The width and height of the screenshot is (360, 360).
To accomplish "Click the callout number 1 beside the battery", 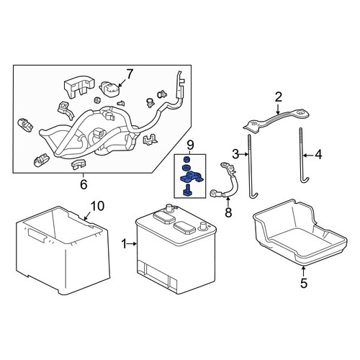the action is [x=124, y=244].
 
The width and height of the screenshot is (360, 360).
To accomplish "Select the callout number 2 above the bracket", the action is [x=278, y=97].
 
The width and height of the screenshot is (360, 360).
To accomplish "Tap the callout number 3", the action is [x=235, y=154].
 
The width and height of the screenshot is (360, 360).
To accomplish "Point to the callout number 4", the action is [x=318, y=155].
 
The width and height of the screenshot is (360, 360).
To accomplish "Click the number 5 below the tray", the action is [x=304, y=283].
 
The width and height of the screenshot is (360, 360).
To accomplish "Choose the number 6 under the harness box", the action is [x=84, y=184].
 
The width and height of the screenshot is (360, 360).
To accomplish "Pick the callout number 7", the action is [x=130, y=74].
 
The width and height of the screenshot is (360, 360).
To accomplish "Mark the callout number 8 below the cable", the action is [x=228, y=212].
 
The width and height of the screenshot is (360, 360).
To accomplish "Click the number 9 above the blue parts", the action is [x=190, y=145].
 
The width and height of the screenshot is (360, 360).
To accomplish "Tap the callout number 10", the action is [x=97, y=206].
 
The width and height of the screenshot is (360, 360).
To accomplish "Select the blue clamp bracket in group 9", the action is [x=192, y=176].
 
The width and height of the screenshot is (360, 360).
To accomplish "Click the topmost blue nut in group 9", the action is [x=185, y=158].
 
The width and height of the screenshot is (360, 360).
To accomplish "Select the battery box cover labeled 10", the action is [x=63, y=250].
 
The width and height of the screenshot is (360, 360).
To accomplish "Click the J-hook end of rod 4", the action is [x=305, y=180].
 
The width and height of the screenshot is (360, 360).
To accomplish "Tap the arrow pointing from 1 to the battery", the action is [x=132, y=244].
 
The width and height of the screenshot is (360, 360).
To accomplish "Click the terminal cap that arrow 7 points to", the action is [x=109, y=89].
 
